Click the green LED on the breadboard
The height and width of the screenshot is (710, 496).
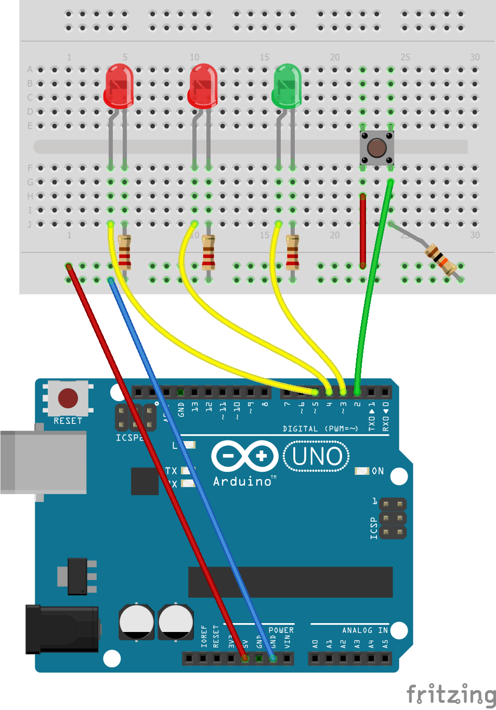pos(286,86)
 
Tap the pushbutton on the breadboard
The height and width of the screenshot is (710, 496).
pos(376,148)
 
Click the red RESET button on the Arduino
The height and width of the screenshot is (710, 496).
pos(68,398)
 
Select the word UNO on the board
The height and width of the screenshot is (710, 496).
pos(317,457)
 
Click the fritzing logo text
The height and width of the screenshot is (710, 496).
pos(450,695)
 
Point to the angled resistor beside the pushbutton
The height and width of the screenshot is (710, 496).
pos(440,259)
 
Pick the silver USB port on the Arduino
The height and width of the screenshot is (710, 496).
pos(44,462)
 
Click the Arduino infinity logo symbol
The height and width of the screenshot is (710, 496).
pos(245,457)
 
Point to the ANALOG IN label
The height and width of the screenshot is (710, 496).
pos(364,630)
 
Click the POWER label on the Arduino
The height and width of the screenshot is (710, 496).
pos(281,630)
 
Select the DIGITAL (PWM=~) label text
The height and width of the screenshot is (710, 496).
pos(320,429)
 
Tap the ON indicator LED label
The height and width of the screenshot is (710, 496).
pos(377,471)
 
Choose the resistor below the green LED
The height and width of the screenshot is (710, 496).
pos(293,252)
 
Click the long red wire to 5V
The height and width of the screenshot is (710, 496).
pos(156,463)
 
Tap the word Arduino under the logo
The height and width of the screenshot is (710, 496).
pos(242,482)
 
